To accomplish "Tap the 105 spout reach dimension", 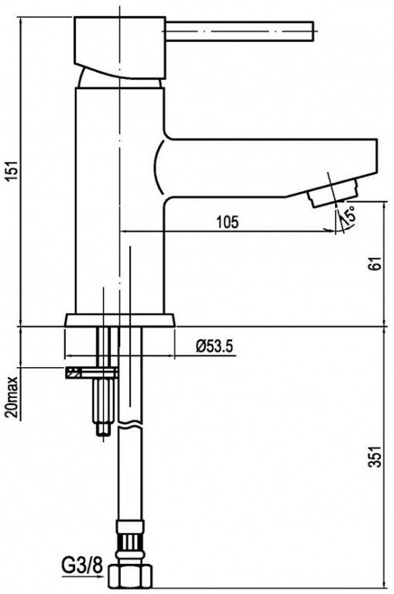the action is click(228, 222).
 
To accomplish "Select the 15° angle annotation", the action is click(348, 214).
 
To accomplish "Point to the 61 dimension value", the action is click(375, 263).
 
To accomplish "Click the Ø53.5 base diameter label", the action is click(214, 346).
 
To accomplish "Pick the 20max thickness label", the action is click(12, 397).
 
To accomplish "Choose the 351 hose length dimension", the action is click(375, 457).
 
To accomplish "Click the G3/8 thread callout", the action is click(83, 566).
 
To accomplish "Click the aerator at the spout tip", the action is click(333, 193).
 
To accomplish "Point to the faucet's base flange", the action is click(120, 320).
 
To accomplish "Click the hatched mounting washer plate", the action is click(92, 373).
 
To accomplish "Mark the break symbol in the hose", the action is click(130, 425).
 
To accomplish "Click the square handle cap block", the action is click(120, 48).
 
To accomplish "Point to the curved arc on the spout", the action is click(159, 167).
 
